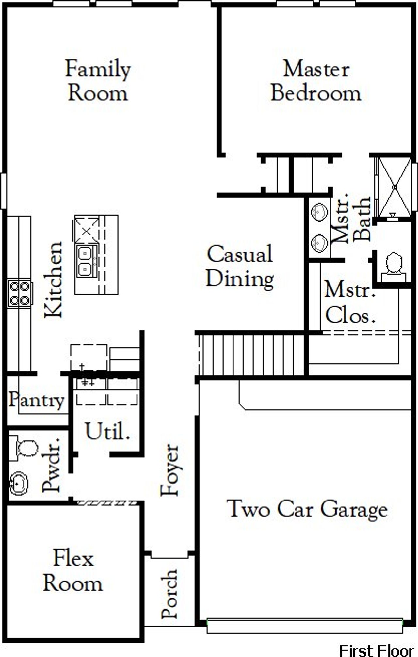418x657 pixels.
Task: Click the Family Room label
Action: [x=98, y=81]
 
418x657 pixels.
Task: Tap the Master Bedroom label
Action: [x=316, y=81]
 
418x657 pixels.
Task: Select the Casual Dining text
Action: [x=240, y=266]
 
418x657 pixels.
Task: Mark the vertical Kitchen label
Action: [x=53, y=279]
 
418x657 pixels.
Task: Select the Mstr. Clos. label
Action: [x=349, y=303]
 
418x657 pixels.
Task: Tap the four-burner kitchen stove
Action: [x=20, y=293]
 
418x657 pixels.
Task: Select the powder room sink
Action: [x=18, y=483]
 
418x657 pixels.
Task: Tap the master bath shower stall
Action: [x=394, y=186]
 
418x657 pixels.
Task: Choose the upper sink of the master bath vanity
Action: [x=319, y=212]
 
